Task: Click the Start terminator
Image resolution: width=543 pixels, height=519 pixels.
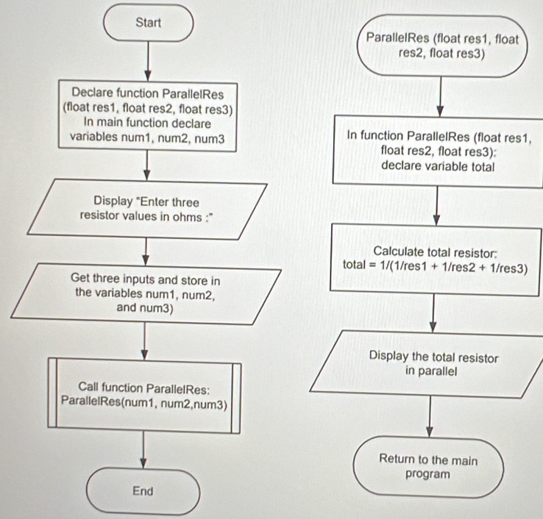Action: (x=149, y=23)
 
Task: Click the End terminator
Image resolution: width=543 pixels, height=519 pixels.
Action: (x=143, y=490)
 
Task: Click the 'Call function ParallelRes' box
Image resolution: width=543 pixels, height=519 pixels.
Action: (x=144, y=395)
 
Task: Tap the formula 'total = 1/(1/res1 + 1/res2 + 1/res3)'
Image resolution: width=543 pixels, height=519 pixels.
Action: (x=436, y=268)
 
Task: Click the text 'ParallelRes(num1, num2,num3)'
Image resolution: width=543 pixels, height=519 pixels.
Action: (x=144, y=404)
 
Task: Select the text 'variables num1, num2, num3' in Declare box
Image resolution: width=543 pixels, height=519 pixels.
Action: (x=147, y=137)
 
